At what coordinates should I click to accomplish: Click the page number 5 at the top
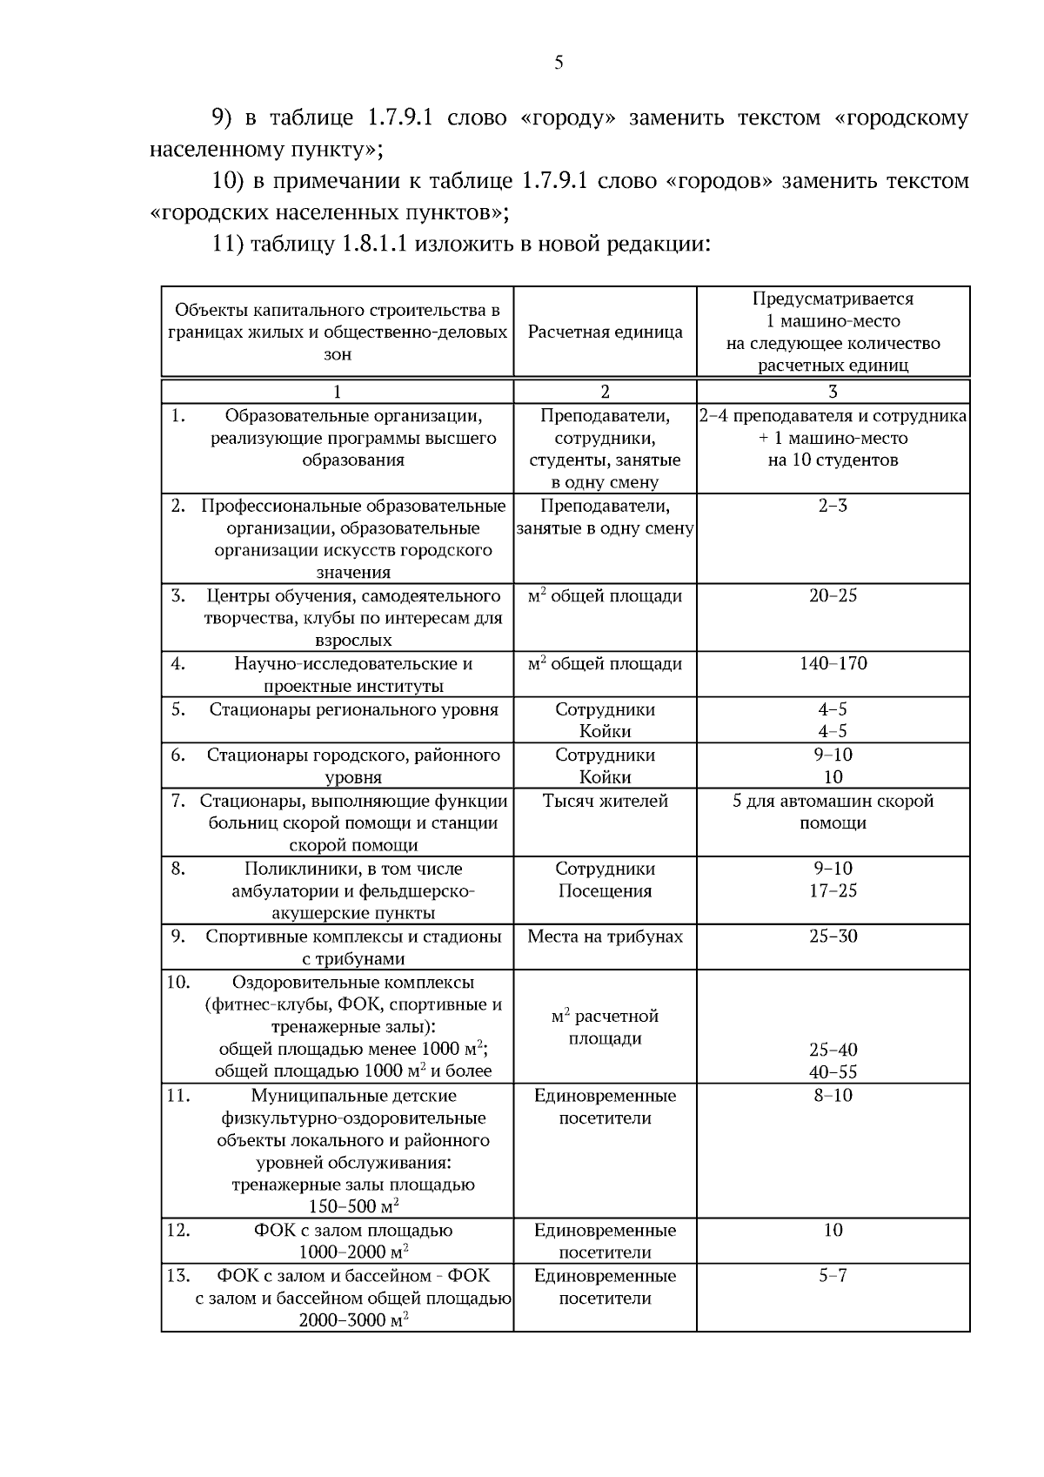pyautogui.click(x=559, y=63)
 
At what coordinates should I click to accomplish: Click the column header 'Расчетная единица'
pyautogui.click(x=605, y=332)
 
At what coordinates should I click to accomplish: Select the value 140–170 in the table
pyautogui.click(x=833, y=664)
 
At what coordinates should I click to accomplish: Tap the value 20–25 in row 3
pyautogui.click(x=833, y=596)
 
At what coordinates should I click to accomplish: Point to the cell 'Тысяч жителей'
pyautogui.click(x=605, y=801)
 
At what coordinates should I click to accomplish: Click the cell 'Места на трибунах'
pyautogui.click(x=605, y=937)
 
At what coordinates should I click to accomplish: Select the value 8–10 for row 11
pyautogui.click(x=833, y=1096)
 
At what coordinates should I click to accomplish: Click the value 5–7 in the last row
pyautogui.click(x=833, y=1276)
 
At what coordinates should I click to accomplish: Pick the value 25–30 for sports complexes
pyautogui.click(x=833, y=937)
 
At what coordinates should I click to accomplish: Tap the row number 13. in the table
pyautogui.click(x=178, y=1276)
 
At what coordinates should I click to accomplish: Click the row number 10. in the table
pyautogui.click(x=178, y=983)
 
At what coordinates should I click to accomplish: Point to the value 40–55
pyautogui.click(x=833, y=1072)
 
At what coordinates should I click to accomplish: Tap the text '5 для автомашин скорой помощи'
pyautogui.click(x=833, y=811)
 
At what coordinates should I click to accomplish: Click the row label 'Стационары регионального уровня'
pyautogui.click(x=353, y=709)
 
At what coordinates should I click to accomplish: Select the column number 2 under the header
pyautogui.click(x=605, y=392)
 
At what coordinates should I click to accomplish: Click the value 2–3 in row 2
pyautogui.click(x=833, y=506)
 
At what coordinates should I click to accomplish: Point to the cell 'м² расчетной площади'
pyautogui.click(x=605, y=1027)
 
